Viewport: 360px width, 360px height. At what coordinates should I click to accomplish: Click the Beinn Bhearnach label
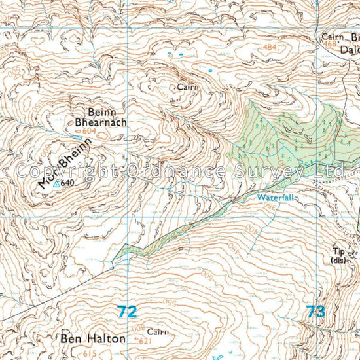click(x=101, y=116)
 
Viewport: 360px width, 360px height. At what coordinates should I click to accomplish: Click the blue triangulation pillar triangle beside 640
click(x=56, y=185)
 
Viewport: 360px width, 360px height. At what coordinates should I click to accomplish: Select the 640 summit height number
click(x=67, y=184)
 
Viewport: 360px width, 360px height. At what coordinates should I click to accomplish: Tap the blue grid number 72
click(x=128, y=312)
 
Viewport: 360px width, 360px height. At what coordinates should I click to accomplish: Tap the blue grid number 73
click(x=315, y=312)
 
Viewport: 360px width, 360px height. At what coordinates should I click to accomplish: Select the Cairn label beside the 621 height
click(x=158, y=332)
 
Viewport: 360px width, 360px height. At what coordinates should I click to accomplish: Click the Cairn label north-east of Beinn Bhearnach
click(x=188, y=86)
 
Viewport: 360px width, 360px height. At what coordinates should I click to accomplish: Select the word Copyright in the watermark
click(x=65, y=171)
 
